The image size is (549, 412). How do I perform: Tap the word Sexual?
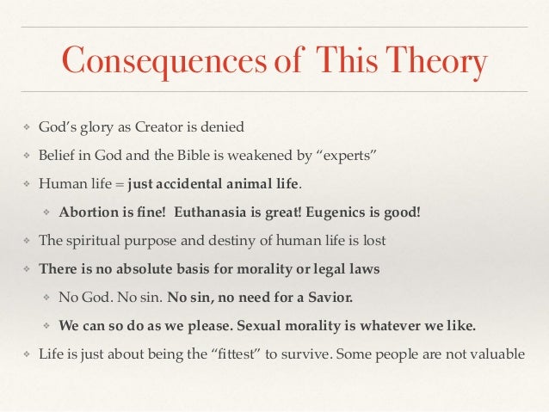point(261,325)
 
